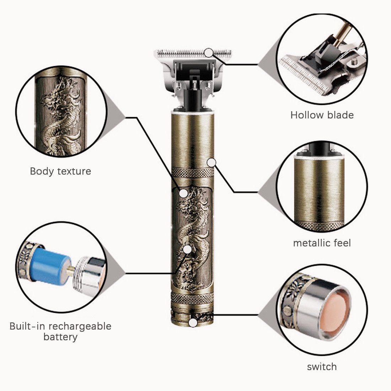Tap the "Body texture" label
pyautogui.click(x=60, y=171)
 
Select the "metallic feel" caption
pyautogui.click(x=322, y=243)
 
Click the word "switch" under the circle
pyautogui.click(x=322, y=367)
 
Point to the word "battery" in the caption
pyautogui.click(x=60, y=337)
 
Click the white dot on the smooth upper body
pyautogui.click(x=212, y=162)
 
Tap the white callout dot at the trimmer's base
pyautogui.click(x=193, y=323)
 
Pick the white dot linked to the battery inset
pyautogui.click(x=187, y=249)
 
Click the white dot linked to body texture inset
pyautogui.click(x=183, y=193)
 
